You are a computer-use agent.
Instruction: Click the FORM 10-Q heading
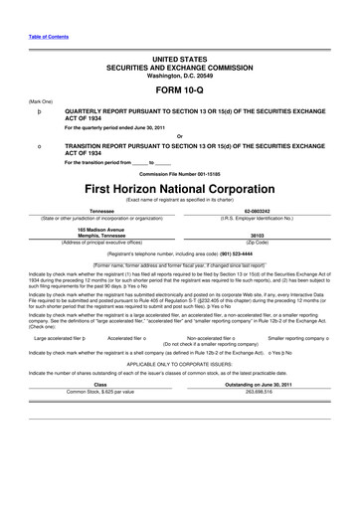point(179,90)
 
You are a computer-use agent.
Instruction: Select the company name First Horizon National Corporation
point(179,187)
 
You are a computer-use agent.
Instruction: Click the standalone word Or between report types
point(179,135)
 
